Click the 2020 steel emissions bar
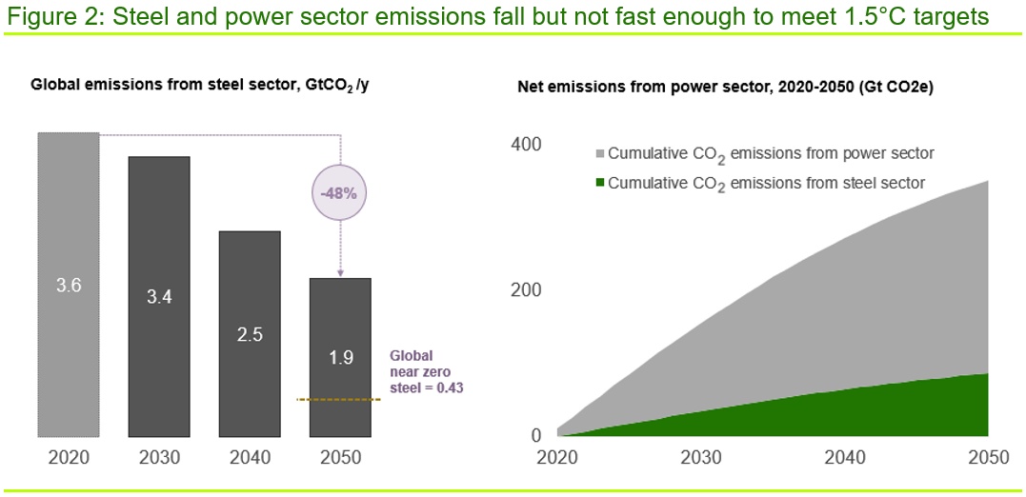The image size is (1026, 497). point(68,285)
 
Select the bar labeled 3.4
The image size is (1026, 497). point(159,296)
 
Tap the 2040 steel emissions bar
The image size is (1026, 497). point(250,333)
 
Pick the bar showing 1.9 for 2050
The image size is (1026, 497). point(340,357)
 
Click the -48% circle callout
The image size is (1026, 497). point(340,194)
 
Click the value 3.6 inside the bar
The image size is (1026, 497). point(68,286)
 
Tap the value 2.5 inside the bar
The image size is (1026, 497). point(250,334)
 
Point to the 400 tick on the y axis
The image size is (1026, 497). point(526,144)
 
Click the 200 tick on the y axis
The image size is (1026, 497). point(526,289)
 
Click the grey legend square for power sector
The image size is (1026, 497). point(599,154)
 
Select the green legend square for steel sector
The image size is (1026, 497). point(599,183)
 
